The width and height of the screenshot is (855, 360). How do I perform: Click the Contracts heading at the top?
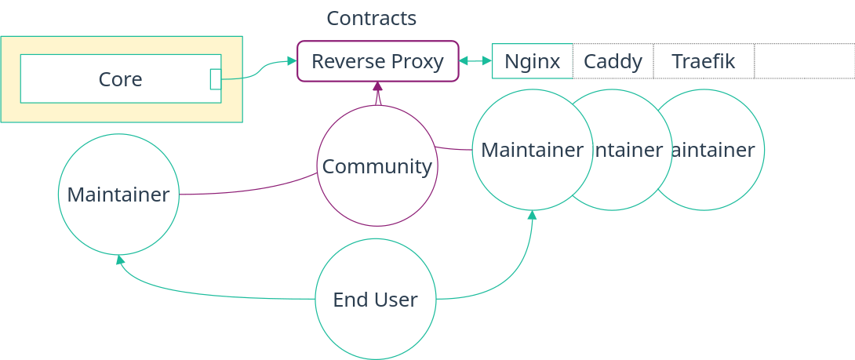(371, 18)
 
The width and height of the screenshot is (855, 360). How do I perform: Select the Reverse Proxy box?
(377, 61)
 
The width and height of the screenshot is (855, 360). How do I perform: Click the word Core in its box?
(120, 79)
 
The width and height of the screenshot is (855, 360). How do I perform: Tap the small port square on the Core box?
(216, 79)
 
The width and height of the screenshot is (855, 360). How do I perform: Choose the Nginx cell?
(532, 61)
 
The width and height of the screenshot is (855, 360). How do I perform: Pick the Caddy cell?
(613, 61)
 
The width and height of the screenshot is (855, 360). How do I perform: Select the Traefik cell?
(703, 61)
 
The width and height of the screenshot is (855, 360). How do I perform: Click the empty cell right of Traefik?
(804, 61)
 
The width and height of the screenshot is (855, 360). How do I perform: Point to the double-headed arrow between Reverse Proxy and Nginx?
(475, 61)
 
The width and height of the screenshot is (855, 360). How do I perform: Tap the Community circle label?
(377, 166)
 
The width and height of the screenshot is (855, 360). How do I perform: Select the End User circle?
(375, 299)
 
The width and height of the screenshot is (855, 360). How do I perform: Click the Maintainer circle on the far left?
(118, 195)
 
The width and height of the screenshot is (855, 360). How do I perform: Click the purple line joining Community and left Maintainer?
(251, 189)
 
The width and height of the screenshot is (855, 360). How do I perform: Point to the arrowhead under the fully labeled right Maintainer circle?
(533, 215)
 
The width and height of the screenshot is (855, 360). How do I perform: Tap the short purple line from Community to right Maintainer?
(453, 148)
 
